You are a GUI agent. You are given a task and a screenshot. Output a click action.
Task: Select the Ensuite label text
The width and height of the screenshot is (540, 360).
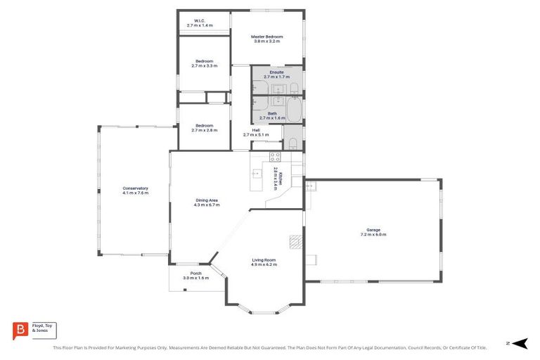click(276, 72)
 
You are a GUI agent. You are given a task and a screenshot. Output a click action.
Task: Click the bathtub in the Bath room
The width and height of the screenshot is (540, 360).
click(293, 110)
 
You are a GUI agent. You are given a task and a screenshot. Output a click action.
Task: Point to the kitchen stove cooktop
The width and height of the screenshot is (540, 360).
click(275, 157)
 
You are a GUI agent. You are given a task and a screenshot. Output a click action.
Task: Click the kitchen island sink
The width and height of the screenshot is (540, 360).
click(257, 174)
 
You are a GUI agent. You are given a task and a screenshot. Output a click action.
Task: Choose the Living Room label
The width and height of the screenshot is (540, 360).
click(264, 260)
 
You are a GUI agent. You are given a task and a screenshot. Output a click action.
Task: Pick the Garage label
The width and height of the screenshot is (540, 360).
click(373, 230)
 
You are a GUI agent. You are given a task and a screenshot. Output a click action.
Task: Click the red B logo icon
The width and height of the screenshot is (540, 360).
click(20, 330)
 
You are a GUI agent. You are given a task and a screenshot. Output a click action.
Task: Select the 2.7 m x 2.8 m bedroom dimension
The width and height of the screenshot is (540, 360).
click(205, 130)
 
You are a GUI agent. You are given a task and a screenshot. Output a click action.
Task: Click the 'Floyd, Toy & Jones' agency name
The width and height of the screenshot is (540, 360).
click(42, 328)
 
